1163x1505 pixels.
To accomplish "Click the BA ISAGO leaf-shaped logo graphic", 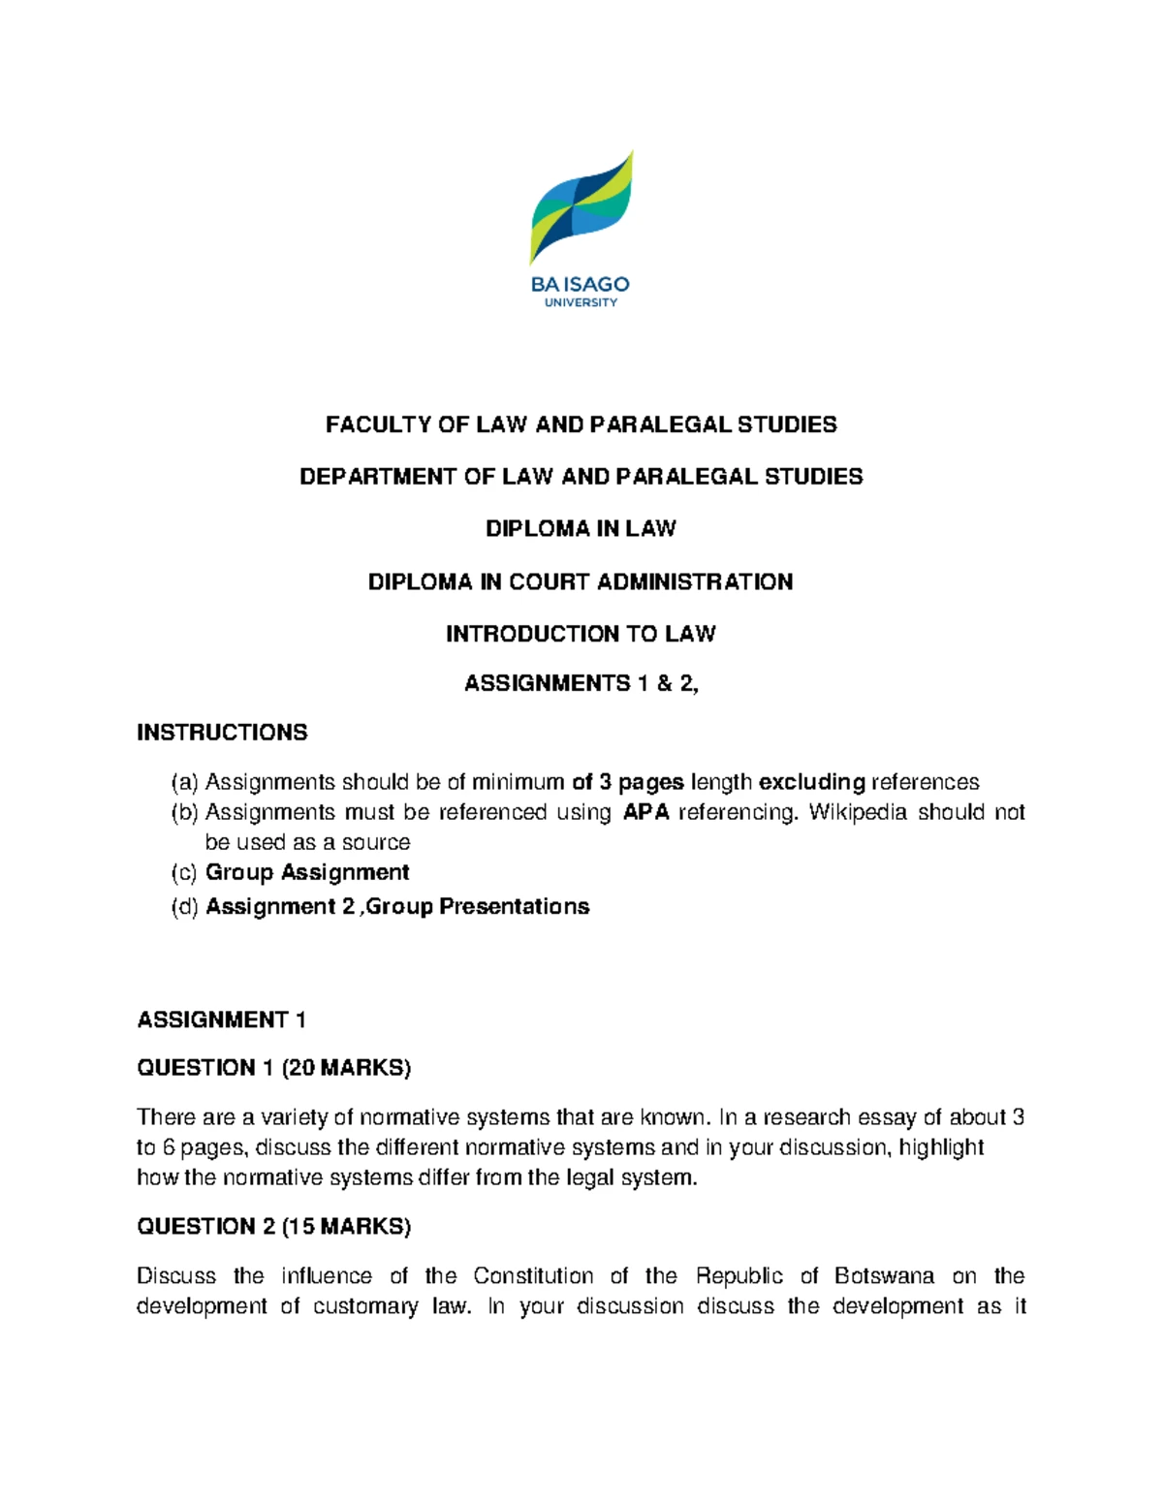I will coord(581,207).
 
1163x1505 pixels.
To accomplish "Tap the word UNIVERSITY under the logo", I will coord(581,302).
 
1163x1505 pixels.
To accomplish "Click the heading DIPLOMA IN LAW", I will coord(581,529).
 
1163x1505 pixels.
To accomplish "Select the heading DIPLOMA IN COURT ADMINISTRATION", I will coord(581,581).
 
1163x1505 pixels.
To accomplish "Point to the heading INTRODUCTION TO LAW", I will coord(581,634).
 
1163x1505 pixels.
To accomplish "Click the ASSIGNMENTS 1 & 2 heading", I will coord(581,684).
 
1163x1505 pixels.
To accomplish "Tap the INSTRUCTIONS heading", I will coord(222,733).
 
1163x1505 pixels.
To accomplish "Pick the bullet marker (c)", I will coord(184,873).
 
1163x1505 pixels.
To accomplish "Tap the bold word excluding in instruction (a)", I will coord(811,782).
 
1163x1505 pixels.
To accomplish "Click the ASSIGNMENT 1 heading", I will coord(222,1019).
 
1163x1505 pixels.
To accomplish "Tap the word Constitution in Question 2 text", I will coord(533,1276).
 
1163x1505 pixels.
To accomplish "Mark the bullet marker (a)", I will coord(184,782).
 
